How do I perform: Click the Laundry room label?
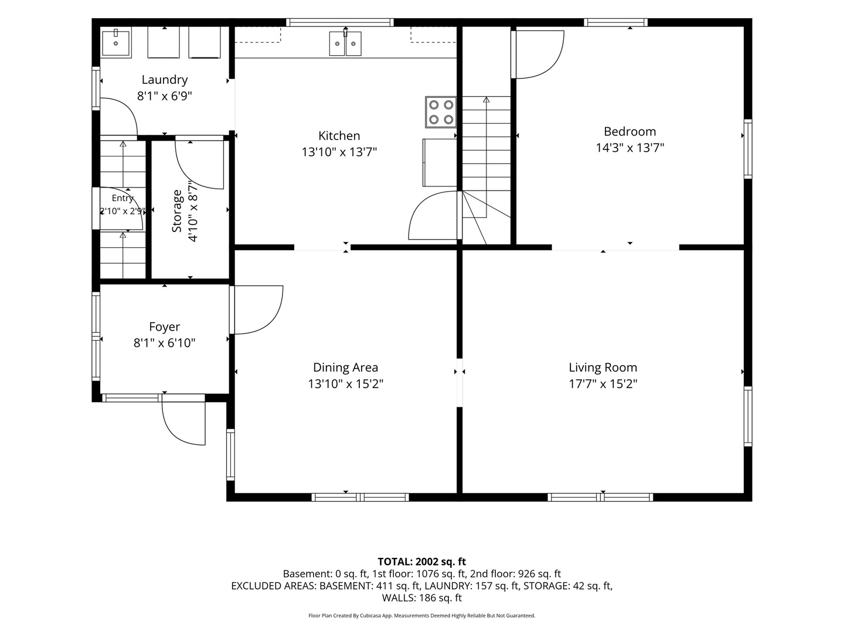click(x=165, y=80)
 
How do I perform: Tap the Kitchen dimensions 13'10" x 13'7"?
click(x=339, y=152)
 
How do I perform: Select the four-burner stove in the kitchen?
click(x=441, y=112)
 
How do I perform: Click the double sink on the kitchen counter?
click(x=345, y=43)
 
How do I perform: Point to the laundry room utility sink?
click(x=115, y=43)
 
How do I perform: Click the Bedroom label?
click(x=630, y=131)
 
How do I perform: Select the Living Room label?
click(x=603, y=367)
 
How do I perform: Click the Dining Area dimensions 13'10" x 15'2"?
click(x=346, y=384)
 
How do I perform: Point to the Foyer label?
click(x=165, y=326)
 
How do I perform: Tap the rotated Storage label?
click(x=176, y=211)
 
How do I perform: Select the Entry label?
click(x=122, y=198)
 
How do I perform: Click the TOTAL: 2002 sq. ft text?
click(x=422, y=561)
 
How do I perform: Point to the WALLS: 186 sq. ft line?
click(x=422, y=598)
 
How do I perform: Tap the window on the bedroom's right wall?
click(x=748, y=149)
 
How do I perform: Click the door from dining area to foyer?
click(x=257, y=310)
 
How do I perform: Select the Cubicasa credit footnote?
click(x=422, y=615)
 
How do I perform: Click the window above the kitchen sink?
click(x=341, y=22)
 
